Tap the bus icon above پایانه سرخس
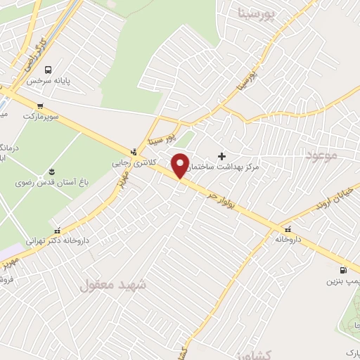pos(48,70)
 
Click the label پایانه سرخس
pos(50,81)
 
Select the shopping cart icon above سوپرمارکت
pos(40,105)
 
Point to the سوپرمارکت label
pos(41,115)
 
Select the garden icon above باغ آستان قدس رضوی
pos(51,172)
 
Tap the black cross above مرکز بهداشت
pos(222,155)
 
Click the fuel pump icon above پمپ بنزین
pos(343,269)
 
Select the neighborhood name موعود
pos(323,155)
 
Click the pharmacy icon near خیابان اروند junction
pos(287,229)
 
